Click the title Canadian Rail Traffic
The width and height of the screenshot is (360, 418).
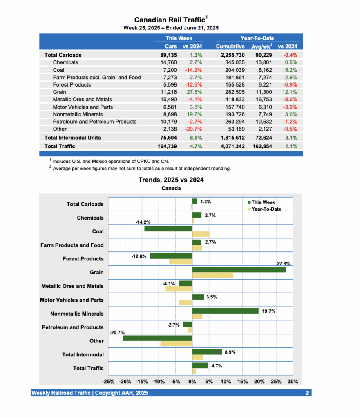click(170, 20)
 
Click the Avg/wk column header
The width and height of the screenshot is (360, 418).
click(262, 46)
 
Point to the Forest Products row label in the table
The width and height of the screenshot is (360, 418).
click(72, 84)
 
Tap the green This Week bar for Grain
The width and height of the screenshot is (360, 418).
click(239, 269)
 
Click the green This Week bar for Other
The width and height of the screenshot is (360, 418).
click(157, 338)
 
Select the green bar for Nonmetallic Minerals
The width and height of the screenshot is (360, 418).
click(225, 311)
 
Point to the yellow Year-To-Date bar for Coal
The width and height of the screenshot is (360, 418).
click(201, 234)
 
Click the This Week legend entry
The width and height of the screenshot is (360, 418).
click(263, 202)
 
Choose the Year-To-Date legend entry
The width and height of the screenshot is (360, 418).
click(266, 209)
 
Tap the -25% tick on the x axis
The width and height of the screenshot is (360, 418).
click(108, 382)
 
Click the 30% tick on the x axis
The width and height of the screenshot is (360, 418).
click(293, 382)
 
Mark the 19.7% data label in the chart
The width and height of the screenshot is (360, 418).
click(269, 311)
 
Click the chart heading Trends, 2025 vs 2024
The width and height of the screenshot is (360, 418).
click(171, 180)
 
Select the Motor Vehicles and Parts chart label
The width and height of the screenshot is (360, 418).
click(72, 300)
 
